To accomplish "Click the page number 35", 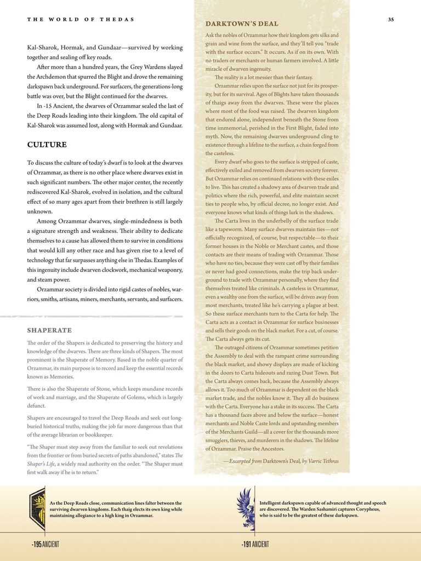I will tap(390, 20).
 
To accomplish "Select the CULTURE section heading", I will tap(47, 145).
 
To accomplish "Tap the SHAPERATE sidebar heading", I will tap(49, 330).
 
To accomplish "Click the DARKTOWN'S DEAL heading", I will tap(242, 24).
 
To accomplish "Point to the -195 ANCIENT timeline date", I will tap(45, 544).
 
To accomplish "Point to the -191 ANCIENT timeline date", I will tap(255, 544).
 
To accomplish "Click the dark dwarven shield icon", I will tap(37, 509).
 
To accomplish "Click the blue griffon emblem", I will tap(246, 509).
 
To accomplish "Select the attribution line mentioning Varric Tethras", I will tap(281, 461).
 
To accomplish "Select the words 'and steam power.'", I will tap(48, 279).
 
